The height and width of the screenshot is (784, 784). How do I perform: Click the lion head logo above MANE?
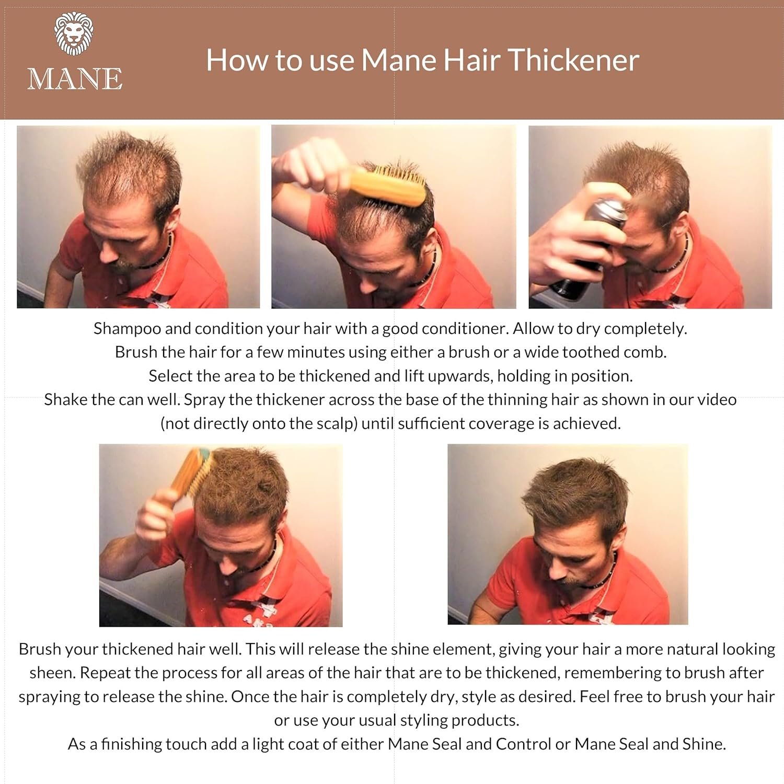coord(74,33)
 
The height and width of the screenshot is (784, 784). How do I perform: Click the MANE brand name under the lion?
coord(75,79)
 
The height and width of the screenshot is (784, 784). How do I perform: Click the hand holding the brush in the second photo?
coord(308,165)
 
